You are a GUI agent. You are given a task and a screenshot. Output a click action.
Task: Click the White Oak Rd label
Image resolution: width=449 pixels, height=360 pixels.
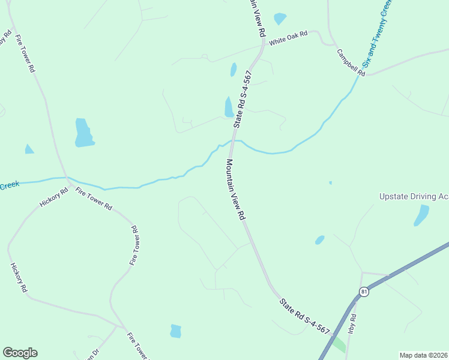288,38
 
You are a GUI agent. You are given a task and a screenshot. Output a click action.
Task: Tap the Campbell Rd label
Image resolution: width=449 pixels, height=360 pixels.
351,62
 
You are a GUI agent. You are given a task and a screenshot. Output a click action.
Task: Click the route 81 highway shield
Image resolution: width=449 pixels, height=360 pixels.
364,291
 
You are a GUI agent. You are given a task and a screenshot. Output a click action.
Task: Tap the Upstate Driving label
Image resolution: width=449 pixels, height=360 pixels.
414,196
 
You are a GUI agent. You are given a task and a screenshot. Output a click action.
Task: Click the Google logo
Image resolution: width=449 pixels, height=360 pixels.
20,353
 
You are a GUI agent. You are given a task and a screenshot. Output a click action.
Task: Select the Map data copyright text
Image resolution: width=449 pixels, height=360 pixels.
424,355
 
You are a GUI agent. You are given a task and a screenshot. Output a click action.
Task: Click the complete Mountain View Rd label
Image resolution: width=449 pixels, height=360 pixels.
236,188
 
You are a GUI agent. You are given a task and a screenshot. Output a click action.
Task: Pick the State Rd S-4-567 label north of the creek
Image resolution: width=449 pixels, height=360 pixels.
243,98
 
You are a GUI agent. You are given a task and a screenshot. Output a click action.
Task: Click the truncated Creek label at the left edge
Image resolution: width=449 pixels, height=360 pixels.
10,186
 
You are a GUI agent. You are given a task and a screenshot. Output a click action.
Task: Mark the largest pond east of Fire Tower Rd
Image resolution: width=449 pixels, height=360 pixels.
83,133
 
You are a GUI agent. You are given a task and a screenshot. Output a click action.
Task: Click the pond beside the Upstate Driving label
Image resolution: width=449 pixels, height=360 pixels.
421,215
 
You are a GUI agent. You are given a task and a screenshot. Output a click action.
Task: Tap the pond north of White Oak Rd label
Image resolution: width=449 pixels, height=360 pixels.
280,19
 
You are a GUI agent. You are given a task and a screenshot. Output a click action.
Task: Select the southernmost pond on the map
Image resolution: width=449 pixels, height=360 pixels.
176,331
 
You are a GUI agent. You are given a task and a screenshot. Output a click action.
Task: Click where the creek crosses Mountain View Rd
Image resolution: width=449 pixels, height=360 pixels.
232,142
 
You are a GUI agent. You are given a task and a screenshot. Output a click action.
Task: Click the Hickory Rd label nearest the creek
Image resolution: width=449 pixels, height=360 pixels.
51,199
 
